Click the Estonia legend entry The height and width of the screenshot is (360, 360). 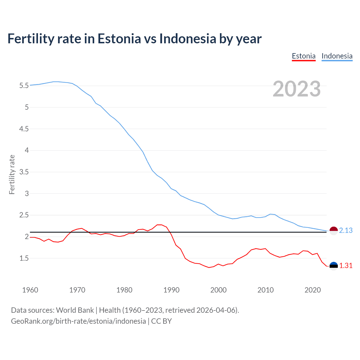pyautogui.click(x=303, y=56)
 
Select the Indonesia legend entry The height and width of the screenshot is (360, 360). pyautogui.click(x=337, y=56)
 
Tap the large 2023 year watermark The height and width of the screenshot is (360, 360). pyautogui.click(x=296, y=89)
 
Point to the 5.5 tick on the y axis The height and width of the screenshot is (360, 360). pyautogui.click(x=24, y=85)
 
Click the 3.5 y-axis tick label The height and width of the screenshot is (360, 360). pyautogui.click(x=24, y=172)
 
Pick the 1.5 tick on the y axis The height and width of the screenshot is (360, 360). pyautogui.click(x=24, y=258)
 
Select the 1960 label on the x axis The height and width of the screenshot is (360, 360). pyautogui.click(x=30, y=290)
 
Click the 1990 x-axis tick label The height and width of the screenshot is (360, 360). pyautogui.click(x=171, y=290)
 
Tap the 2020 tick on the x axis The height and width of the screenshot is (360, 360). pyautogui.click(x=312, y=290)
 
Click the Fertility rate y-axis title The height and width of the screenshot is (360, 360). pyautogui.click(x=12, y=174)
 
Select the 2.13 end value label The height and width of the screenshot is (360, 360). pyautogui.click(x=346, y=230)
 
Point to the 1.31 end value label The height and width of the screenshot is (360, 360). pyautogui.click(x=346, y=265)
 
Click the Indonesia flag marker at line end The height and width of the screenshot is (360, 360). pyautogui.click(x=333, y=231)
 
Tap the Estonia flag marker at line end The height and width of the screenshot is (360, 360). pyautogui.click(x=333, y=266)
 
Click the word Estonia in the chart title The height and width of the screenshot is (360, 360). pyautogui.click(x=119, y=39)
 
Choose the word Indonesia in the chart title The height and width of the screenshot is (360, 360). pyautogui.click(x=188, y=39)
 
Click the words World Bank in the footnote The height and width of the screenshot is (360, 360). pyautogui.click(x=75, y=310)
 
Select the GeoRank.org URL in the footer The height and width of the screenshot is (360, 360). pyautogui.click(x=78, y=321)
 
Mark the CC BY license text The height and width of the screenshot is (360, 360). pyautogui.click(x=161, y=321)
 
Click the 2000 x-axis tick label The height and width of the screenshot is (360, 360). pyautogui.click(x=218, y=290)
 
